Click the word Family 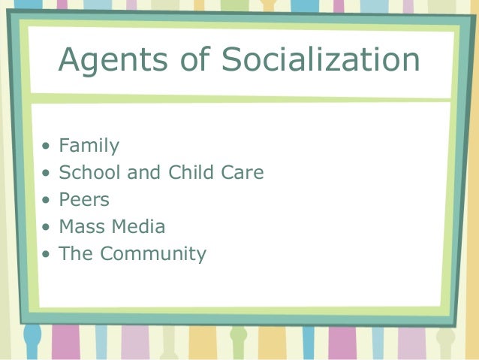point(89,146)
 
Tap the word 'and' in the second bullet point(143,173)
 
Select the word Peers point(84,200)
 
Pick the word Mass point(83,227)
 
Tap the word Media point(138,227)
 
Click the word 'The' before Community point(76,254)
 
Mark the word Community point(153,254)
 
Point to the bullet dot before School point(47,174)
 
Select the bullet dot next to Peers point(47,201)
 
